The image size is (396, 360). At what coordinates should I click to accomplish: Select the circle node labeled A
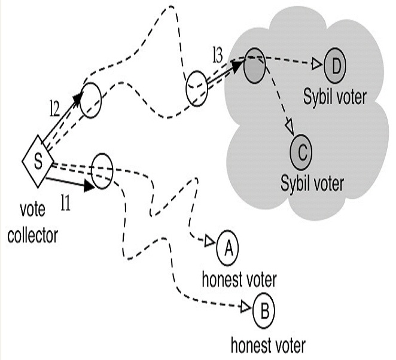pos(227,249)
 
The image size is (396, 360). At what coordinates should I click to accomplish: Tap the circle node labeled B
pos(263,310)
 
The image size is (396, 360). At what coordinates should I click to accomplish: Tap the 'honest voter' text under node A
pos(239,279)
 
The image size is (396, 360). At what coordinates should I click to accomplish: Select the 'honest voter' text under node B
pos(268,344)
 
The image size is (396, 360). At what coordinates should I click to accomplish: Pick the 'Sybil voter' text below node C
pos(312,182)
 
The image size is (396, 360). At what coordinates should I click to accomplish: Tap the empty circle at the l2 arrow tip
pos(91,100)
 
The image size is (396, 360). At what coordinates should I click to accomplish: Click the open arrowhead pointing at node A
pos(209,242)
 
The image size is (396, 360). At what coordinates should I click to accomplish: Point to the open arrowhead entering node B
pos(245,307)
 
